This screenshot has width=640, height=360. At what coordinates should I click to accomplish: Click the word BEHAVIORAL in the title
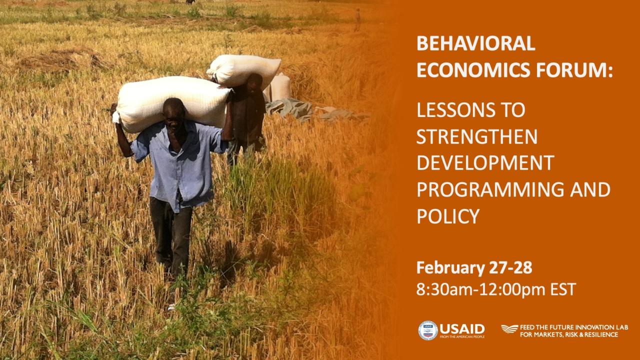tap(475, 43)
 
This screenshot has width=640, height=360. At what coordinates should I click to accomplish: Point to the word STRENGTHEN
tap(477, 136)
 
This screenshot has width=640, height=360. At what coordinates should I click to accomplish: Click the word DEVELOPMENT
tap(485, 163)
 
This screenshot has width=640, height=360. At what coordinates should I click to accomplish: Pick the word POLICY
tap(448, 216)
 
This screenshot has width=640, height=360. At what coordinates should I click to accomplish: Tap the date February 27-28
tap(474, 267)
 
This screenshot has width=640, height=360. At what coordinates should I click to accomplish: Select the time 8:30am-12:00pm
tap(480, 289)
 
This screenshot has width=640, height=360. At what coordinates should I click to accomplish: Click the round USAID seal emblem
tap(427, 330)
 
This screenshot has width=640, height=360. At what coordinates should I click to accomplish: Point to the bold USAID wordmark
tap(462, 329)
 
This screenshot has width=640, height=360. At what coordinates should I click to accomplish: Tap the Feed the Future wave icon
tap(509, 329)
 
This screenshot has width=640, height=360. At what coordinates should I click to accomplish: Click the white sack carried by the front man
tap(171, 104)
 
